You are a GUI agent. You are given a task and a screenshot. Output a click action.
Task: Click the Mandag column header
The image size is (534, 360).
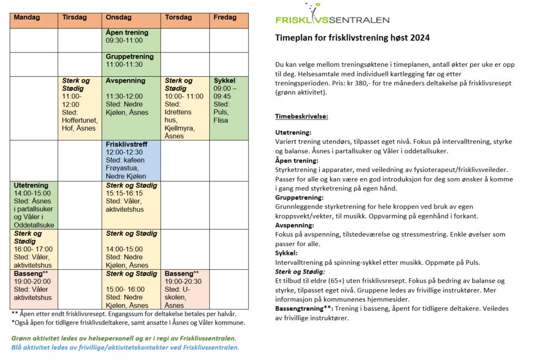tap(34, 18)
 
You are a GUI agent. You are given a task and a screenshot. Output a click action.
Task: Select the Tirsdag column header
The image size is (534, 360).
tap(80, 18)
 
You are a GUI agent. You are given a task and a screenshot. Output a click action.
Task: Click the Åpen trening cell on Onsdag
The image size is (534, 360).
tap(132, 39)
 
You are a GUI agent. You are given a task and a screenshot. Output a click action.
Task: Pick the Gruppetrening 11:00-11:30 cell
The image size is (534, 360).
tap(132, 64)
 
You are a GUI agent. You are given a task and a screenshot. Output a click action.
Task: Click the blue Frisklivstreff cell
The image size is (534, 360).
tap(132, 160)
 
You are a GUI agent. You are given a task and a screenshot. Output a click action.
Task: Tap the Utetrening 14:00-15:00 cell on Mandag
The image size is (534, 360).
tap(34, 205)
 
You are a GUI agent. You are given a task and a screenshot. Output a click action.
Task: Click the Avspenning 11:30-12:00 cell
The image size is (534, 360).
tap(132, 108)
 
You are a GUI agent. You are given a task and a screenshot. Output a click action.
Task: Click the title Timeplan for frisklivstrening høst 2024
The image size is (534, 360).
tap(352, 38)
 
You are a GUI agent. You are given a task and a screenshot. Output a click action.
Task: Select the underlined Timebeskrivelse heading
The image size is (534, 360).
tap(301, 117)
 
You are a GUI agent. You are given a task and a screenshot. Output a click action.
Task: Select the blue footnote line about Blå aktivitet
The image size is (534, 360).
tap(125, 348)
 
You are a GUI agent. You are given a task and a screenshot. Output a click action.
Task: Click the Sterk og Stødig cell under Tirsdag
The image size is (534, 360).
tap(80, 108)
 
